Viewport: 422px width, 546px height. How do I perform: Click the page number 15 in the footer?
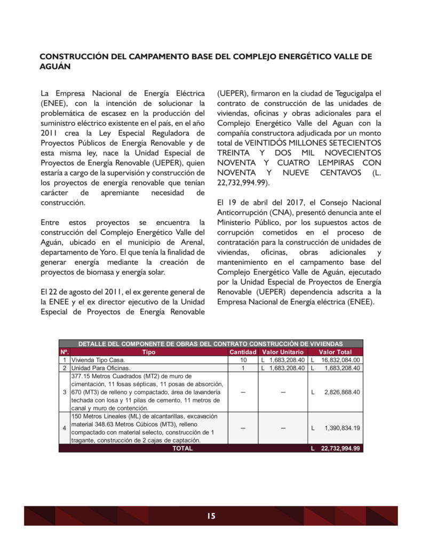(211, 516)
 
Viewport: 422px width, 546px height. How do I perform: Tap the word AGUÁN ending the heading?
(55, 67)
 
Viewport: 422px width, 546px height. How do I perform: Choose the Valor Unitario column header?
(283, 352)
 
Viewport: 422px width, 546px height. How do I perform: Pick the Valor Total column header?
(335, 352)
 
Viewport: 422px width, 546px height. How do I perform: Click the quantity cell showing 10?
(243, 360)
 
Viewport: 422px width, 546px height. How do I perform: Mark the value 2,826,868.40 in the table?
(342, 392)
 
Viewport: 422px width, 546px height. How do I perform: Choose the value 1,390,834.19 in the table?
(342, 428)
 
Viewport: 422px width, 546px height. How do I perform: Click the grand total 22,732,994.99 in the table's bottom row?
(340, 449)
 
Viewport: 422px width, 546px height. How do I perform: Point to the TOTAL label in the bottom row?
(182, 449)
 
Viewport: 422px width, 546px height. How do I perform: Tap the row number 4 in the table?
(64, 428)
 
